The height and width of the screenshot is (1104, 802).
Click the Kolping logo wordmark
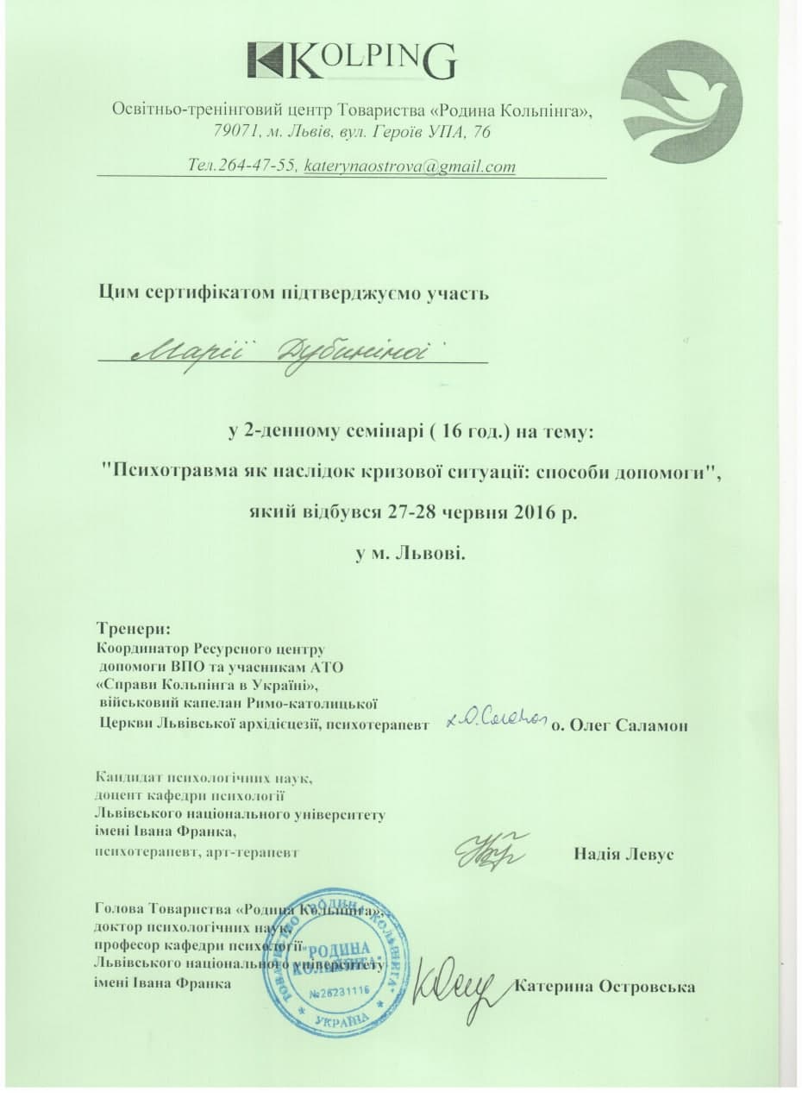pyautogui.click(x=351, y=60)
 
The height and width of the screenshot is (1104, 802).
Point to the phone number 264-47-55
pyautogui.click(x=256, y=166)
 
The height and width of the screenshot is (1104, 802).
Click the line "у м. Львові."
pyautogui.click(x=411, y=552)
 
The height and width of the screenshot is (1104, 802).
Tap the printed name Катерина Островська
pyautogui.click(x=605, y=986)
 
